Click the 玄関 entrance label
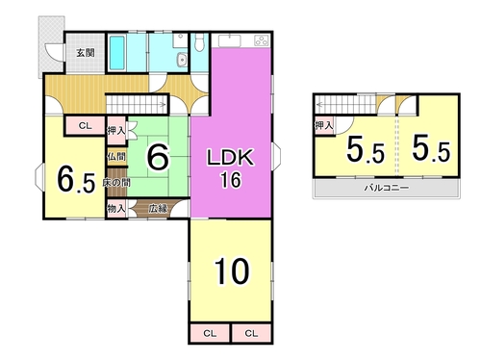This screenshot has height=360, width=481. click(x=86, y=53)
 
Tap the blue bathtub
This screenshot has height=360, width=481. click(x=117, y=53)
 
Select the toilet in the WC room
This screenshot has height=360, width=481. click(x=199, y=42)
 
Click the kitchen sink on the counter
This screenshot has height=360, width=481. click(x=229, y=41)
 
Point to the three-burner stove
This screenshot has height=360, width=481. click(x=262, y=40)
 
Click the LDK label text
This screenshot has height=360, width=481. click(x=231, y=158)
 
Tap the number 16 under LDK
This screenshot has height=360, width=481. click(x=231, y=180)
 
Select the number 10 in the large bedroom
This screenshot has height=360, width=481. click(x=232, y=271)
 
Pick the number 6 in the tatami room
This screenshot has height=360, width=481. click(x=158, y=157)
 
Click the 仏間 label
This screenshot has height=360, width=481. click(x=116, y=157)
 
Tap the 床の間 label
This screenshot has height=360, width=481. click(x=116, y=183)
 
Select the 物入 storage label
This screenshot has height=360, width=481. click(x=116, y=209)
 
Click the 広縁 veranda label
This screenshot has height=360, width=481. click(x=158, y=209)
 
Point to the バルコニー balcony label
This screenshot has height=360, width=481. click(x=387, y=188)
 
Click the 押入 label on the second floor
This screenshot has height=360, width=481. click(x=324, y=125)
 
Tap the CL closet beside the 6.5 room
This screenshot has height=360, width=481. click(x=86, y=126)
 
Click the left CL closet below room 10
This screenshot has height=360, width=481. click(x=210, y=334)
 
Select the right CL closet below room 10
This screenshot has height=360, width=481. click(x=251, y=334)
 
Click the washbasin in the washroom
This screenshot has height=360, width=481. click(x=182, y=60)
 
